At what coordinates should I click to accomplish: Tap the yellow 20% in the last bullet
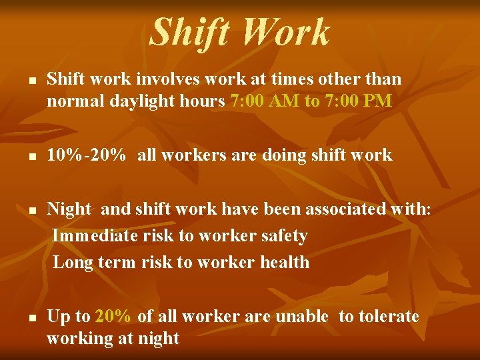tap(114, 316)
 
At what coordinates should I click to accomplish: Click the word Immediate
tap(93, 236)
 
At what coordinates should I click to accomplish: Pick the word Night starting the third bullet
tap(69, 210)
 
